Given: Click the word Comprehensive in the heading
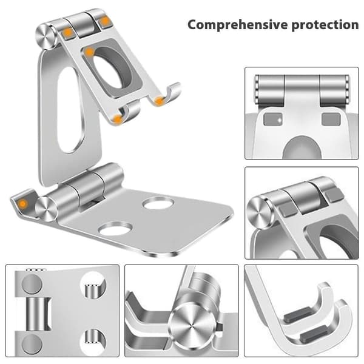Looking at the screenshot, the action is [238, 25].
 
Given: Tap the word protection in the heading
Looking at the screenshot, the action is [325, 25].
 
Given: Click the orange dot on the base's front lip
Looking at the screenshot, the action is [22, 204].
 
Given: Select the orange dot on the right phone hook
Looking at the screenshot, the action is [159, 101].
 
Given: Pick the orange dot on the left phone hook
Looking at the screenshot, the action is [118, 119].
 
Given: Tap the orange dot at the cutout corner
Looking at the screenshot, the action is [89, 52].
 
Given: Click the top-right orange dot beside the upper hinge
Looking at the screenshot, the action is [105, 21].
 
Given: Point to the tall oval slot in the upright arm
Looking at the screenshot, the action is [70, 110].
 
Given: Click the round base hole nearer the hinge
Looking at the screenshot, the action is [158, 204].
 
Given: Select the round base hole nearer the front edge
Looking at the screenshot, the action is [115, 229].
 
